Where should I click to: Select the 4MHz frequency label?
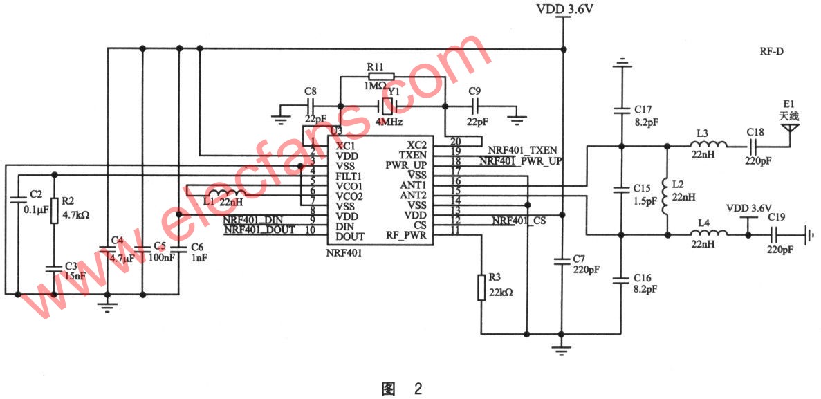[389, 121]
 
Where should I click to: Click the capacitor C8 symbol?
[310, 106]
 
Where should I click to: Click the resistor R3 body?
[481, 288]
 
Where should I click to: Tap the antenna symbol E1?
[790, 128]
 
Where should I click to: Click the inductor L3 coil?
[707, 146]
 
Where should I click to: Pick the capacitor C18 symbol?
[755, 146]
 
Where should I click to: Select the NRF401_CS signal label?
[519, 221]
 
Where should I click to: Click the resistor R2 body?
[54, 213]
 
